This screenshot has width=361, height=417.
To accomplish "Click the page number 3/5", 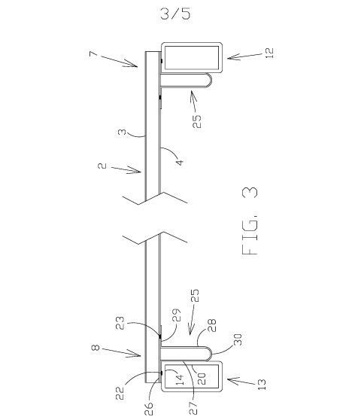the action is click(x=175, y=14).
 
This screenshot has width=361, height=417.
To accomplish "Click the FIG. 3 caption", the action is click(x=250, y=221).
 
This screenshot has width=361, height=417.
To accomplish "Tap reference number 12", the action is click(x=269, y=53).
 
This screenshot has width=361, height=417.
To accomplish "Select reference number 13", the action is click(x=262, y=385).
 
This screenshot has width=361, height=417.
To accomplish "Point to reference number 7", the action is click(x=93, y=54).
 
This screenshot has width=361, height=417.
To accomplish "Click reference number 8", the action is click(x=96, y=347).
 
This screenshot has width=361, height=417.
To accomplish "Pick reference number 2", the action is click(x=102, y=166).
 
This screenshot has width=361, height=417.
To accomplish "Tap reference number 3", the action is click(x=122, y=132).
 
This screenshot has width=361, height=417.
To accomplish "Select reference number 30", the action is click(x=238, y=339).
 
